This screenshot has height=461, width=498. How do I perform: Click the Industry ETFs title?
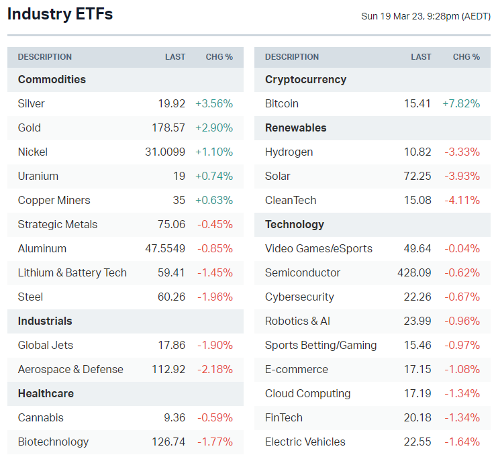pyautogui.click(x=60, y=14)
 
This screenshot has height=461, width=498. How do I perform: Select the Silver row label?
pyautogui.click(x=32, y=103)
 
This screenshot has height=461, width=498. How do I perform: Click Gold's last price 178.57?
pyautogui.click(x=168, y=127)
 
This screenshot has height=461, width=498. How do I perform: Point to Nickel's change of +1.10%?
pyautogui.click(x=214, y=152)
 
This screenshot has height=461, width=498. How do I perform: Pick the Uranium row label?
pyautogui.click(x=38, y=176)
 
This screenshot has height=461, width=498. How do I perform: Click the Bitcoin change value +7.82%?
pyautogui.click(x=461, y=103)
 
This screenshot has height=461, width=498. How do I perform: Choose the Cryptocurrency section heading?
pyautogui.click(x=305, y=79)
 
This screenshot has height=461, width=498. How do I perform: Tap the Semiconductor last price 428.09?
pyautogui.click(x=414, y=272)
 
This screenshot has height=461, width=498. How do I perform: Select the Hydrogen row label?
pyautogui.click(x=289, y=152)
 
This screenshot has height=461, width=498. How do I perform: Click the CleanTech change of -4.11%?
pyautogui.click(x=462, y=200)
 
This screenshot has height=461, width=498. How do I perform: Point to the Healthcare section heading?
pyautogui.click(x=46, y=393)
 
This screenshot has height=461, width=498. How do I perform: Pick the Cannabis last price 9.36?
pyautogui.click(x=174, y=417)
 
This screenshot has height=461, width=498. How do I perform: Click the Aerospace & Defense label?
pyautogui.click(x=70, y=369)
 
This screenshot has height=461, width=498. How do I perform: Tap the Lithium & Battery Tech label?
pyautogui.click(x=72, y=272)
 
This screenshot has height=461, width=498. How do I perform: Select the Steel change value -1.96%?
pyautogui.click(x=215, y=297)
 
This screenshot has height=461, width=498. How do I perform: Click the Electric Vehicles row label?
pyautogui.click(x=305, y=442)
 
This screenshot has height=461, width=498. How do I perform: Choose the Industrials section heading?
pyautogui.click(x=45, y=321)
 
